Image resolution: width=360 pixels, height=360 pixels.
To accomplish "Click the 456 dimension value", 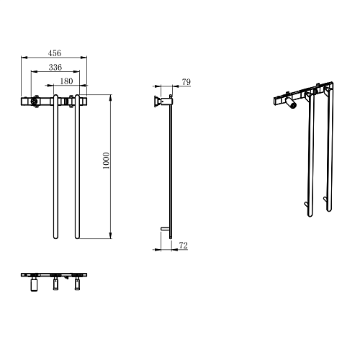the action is (x=55, y=53).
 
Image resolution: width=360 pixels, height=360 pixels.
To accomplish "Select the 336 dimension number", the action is (x=55, y=67).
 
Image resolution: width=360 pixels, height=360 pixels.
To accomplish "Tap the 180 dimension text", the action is (x=66, y=81).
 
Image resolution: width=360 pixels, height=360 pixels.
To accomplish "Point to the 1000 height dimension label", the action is (x=106, y=161).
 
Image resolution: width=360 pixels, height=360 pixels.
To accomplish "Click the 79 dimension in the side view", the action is (x=186, y=82).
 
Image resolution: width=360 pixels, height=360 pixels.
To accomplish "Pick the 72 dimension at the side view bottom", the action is (x=184, y=246).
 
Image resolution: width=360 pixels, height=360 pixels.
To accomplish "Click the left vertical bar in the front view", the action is (x=55, y=167).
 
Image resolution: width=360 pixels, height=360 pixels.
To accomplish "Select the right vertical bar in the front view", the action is (x=77, y=167).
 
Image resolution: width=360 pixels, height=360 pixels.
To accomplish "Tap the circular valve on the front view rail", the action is (x=35, y=102).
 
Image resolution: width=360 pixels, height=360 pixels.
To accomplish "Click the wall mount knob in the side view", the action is (x=157, y=101).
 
